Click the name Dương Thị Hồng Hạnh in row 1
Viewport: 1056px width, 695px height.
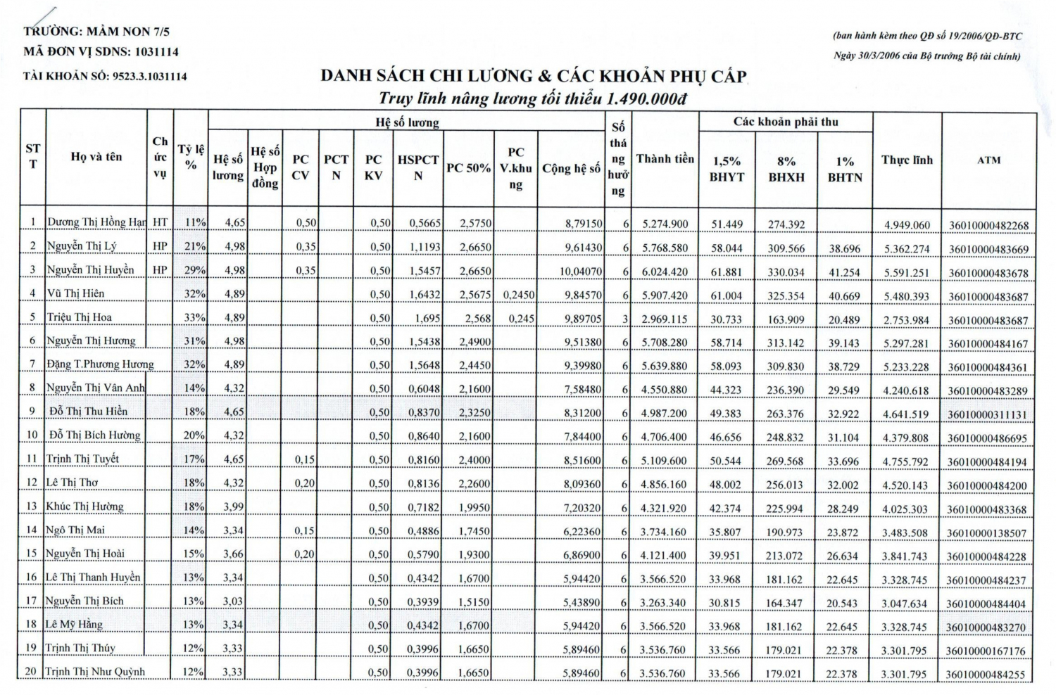point(96,222)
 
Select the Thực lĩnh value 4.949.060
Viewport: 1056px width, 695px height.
point(907,225)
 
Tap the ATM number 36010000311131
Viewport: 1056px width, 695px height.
point(987,414)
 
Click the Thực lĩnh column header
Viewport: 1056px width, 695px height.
point(907,160)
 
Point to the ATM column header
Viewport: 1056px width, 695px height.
point(988,160)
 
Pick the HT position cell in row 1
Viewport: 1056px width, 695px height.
point(160,222)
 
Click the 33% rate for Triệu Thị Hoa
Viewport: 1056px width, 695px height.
point(194,317)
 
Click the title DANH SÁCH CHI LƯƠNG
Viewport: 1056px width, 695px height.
point(533,76)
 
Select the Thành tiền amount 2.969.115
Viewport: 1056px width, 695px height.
point(664,319)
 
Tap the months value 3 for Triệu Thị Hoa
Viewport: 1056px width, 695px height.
point(624,319)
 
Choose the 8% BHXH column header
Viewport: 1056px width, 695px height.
point(786,170)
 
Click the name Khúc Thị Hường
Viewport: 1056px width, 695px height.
point(84,506)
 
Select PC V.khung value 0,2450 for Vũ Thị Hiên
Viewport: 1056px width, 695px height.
point(518,295)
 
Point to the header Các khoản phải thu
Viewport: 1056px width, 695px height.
point(786,122)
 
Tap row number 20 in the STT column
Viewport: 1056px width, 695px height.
point(31,671)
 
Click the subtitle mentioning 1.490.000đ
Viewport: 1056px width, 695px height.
point(532,98)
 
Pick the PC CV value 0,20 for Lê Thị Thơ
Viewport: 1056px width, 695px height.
point(304,483)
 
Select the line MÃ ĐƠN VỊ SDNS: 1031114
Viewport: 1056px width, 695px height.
point(101,52)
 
